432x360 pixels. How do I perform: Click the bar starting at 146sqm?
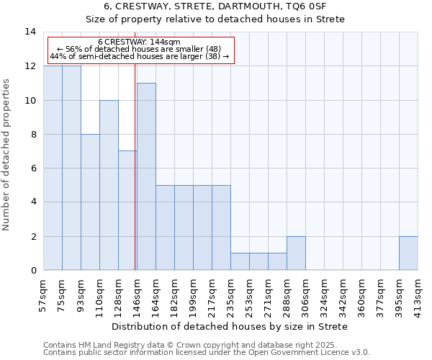[146, 176]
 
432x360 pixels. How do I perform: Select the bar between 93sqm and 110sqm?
[90, 202]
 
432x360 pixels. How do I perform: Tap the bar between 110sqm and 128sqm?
[109, 185]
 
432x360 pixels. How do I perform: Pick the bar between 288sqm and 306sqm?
[296, 253]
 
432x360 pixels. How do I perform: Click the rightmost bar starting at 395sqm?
[408, 253]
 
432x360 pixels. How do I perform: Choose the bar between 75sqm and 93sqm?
[71, 168]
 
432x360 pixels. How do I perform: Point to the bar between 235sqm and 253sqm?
[240, 262]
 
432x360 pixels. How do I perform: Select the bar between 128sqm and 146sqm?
[127, 210]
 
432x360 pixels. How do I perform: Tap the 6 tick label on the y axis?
[32, 168]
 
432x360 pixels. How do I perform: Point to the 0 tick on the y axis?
[32, 271]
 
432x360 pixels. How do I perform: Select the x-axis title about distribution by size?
[230, 327]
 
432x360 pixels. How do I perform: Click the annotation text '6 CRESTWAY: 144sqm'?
[140, 42]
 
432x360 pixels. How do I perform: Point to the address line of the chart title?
[215, 6]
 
